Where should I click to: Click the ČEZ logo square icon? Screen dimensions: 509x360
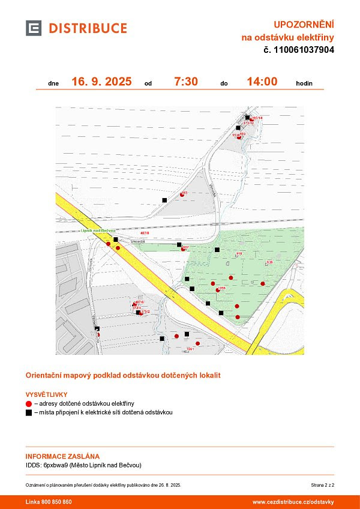tap(34, 28)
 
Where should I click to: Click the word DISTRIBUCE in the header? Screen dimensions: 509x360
tap(88, 28)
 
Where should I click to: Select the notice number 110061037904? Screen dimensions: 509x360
tap(304, 50)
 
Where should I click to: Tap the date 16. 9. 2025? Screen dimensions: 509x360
tap(101, 82)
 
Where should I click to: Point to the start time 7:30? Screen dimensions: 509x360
tap(186, 82)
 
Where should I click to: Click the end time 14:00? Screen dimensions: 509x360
tap(262, 82)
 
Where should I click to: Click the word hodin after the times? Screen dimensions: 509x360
tap(304, 83)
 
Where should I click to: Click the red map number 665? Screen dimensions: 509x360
tap(185, 192)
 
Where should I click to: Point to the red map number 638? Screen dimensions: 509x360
tap(269, 262)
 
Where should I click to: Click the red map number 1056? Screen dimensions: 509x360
tap(221, 289)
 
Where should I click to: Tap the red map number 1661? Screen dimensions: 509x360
tap(190, 349)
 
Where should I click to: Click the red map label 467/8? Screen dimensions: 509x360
tap(145, 233)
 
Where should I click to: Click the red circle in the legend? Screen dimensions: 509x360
tap(29, 404)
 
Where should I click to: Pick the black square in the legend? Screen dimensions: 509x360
tap(29, 413)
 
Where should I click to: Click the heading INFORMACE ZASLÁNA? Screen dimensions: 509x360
tap(62, 456)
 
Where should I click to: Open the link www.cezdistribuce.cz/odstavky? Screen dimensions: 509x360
tap(293, 502)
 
